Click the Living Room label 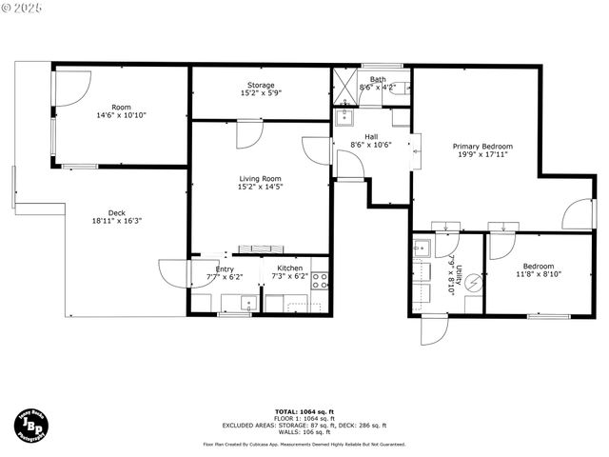coord(260,178)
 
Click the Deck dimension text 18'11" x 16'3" coord(116,221)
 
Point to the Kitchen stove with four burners coord(321,280)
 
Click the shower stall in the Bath coord(344,86)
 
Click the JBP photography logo coord(32,423)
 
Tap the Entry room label coord(225,269)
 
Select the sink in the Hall coord(344,117)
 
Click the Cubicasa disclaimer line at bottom coord(304,444)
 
